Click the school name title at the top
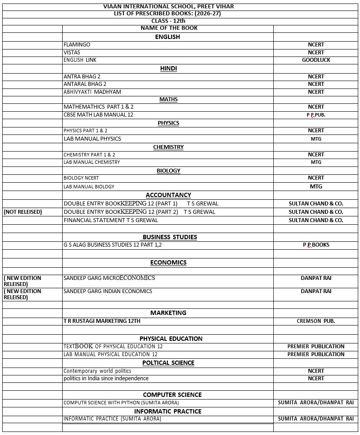[x=168, y=7]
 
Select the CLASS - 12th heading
[x=168, y=21]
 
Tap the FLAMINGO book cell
[x=77, y=45]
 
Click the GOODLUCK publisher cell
[x=316, y=60]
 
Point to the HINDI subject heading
[x=168, y=68]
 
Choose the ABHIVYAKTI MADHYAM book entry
[x=92, y=92]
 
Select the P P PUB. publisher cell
[x=316, y=115]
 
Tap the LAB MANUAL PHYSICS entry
[x=92, y=139]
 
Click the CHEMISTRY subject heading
[x=168, y=147]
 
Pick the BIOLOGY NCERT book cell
[x=81, y=178]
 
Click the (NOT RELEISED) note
[x=23, y=212]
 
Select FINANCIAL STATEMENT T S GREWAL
[x=110, y=220]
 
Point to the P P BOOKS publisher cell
[x=316, y=245]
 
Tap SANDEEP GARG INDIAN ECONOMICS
[x=108, y=291]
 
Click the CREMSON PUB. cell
[x=316, y=321]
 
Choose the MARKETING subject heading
[x=168, y=313]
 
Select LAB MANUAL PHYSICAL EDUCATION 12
[x=110, y=354]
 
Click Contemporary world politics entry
[x=97, y=371]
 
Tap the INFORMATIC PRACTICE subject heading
[x=168, y=411]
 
